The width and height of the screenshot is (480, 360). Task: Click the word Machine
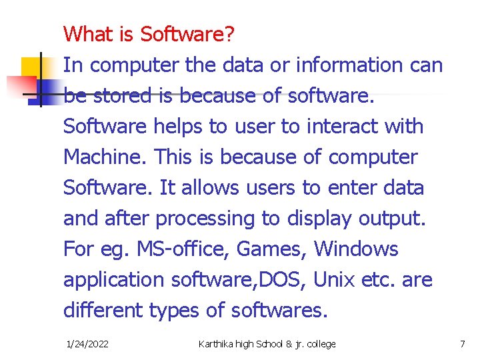click(105, 157)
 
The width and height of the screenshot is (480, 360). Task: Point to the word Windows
click(356, 249)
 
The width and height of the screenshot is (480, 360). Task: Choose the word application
click(114, 281)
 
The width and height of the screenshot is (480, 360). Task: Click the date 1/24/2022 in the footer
click(88, 344)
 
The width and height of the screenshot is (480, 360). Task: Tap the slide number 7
click(462, 344)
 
